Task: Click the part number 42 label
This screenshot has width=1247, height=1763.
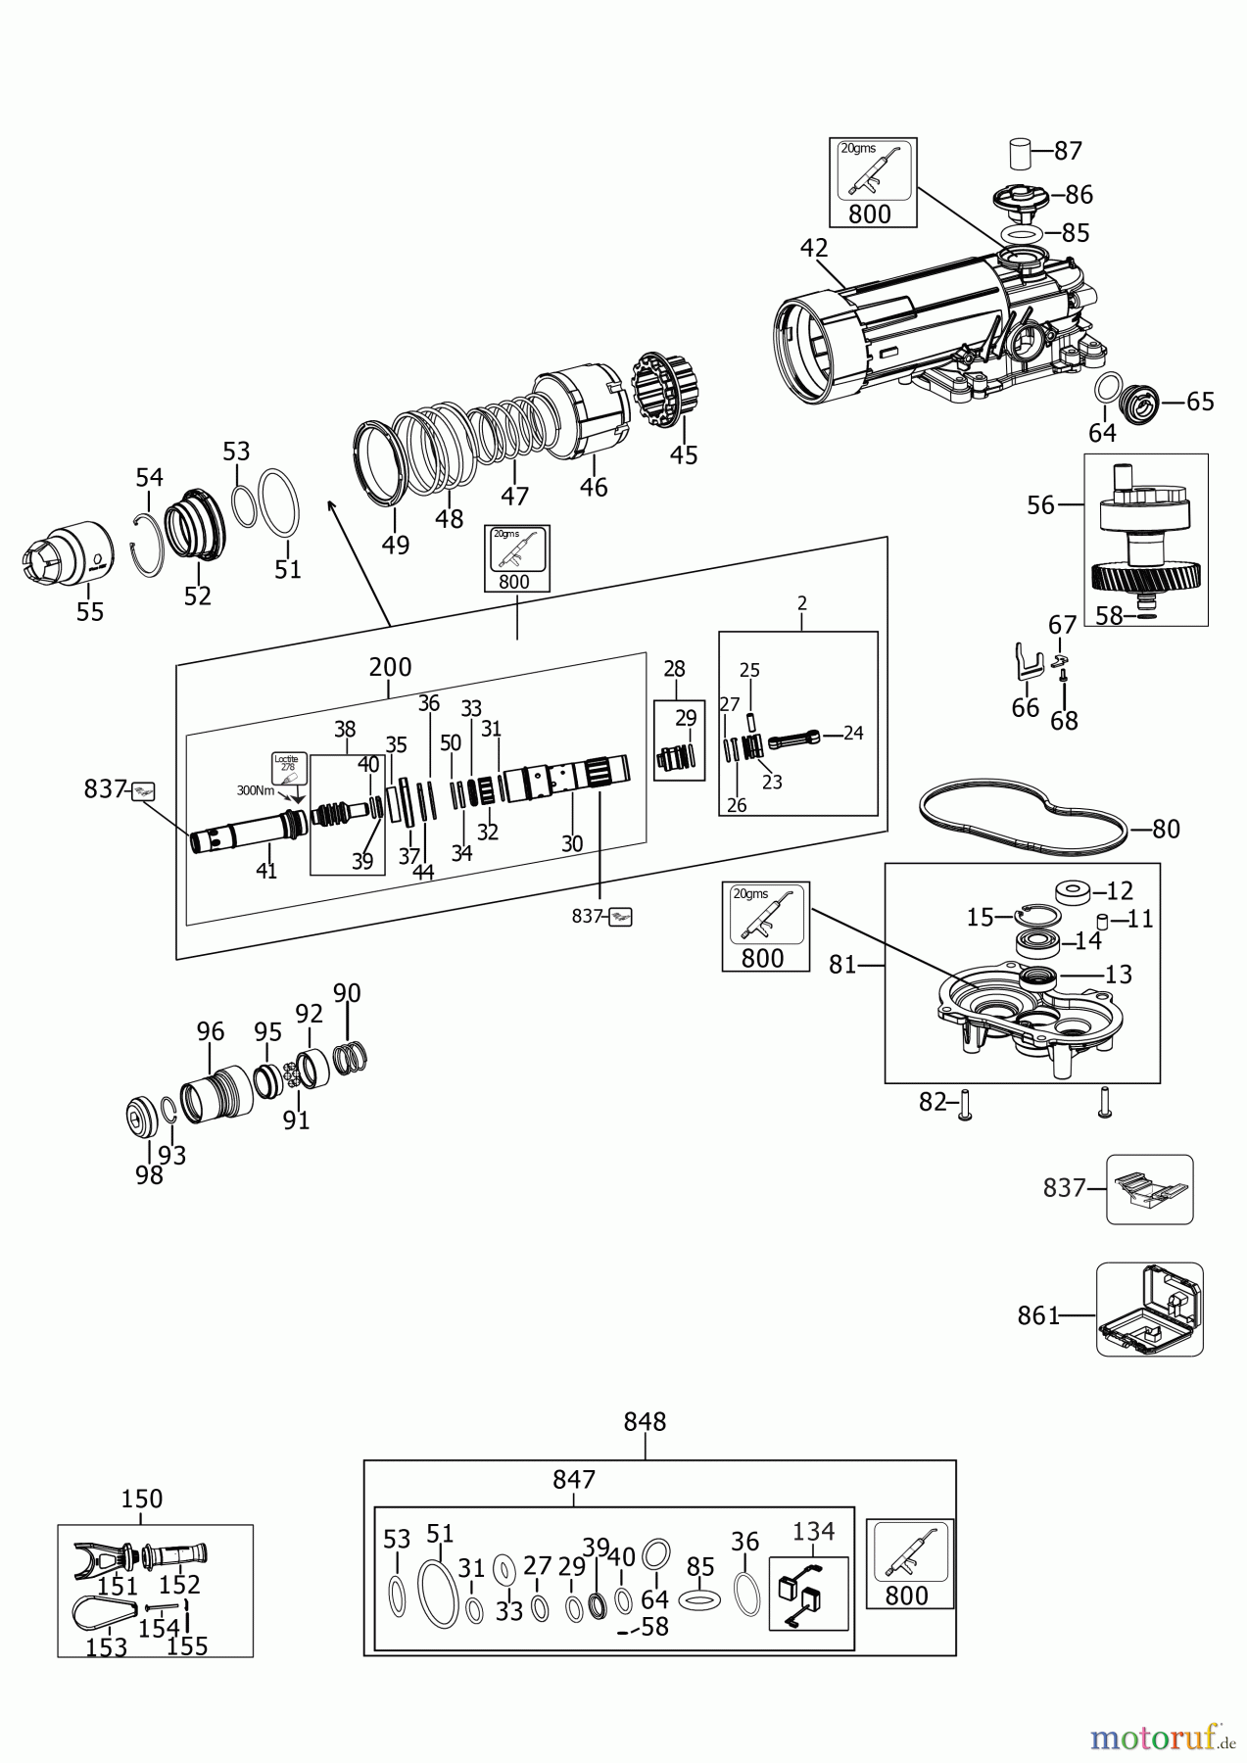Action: [x=813, y=248]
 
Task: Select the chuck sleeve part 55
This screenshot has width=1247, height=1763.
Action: [x=70, y=557]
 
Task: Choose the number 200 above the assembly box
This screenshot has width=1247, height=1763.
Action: [x=390, y=667]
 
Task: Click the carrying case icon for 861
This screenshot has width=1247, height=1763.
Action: [x=1149, y=1309]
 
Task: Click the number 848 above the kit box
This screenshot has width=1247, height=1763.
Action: [x=644, y=1421]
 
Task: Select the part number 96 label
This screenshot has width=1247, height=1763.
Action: [x=211, y=1031]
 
